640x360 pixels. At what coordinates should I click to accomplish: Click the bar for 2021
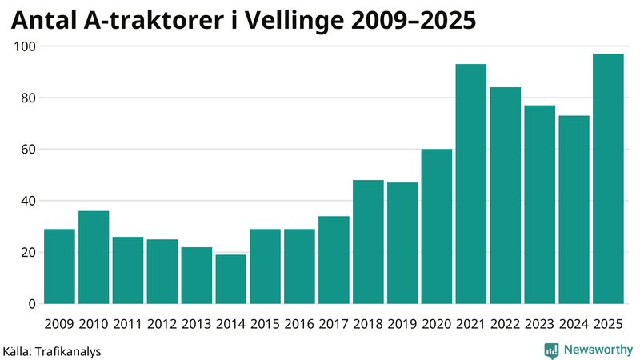coord(471,184)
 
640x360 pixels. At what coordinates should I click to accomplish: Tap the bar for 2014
coord(231,279)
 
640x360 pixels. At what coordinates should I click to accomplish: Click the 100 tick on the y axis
coord(26,46)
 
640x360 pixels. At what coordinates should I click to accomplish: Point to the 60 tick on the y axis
coord(29,150)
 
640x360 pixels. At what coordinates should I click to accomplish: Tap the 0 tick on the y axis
coord(33,304)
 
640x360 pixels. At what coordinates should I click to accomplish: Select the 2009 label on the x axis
coord(59,324)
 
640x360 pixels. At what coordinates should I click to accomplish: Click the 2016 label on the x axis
coord(299,324)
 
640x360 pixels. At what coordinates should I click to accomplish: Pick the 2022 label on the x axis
coord(505,324)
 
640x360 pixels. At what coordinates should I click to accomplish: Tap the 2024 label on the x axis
coord(574,324)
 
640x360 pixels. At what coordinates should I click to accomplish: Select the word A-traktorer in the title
coord(146,22)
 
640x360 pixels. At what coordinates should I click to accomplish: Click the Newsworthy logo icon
coord(551,350)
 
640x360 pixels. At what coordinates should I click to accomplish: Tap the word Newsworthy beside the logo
coord(598,350)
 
